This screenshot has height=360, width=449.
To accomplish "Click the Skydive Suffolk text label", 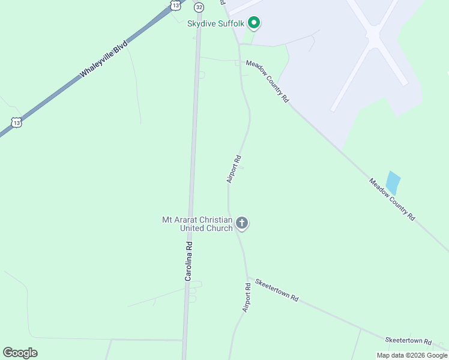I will click(x=214, y=23).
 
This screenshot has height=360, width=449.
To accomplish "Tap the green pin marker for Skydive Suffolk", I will click(x=254, y=23).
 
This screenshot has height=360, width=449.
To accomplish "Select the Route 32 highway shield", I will click(x=199, y=6).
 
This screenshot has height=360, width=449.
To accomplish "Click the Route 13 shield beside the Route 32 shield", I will click(x=175, y=5).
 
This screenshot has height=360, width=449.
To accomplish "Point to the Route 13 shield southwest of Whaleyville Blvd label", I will click(x=17, y=122).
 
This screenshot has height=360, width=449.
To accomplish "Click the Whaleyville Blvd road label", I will click(x=104, y=60).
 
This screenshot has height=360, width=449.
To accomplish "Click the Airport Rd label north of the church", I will click(x=234, y=169).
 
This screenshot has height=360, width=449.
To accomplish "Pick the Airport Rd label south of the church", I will click(x=246, y=297).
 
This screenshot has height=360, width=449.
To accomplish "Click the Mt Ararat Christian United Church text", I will click(x=197, y=224).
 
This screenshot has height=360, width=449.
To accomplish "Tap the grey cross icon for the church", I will click(x=242, y=224).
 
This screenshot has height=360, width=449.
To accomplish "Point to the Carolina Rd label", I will click(x=188, y=262).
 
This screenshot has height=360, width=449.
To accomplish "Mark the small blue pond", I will click(x=393, y=182).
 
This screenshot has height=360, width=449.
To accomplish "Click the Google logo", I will click(x=20, y=353).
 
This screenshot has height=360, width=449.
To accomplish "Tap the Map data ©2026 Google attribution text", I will click(x=412, y=355).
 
